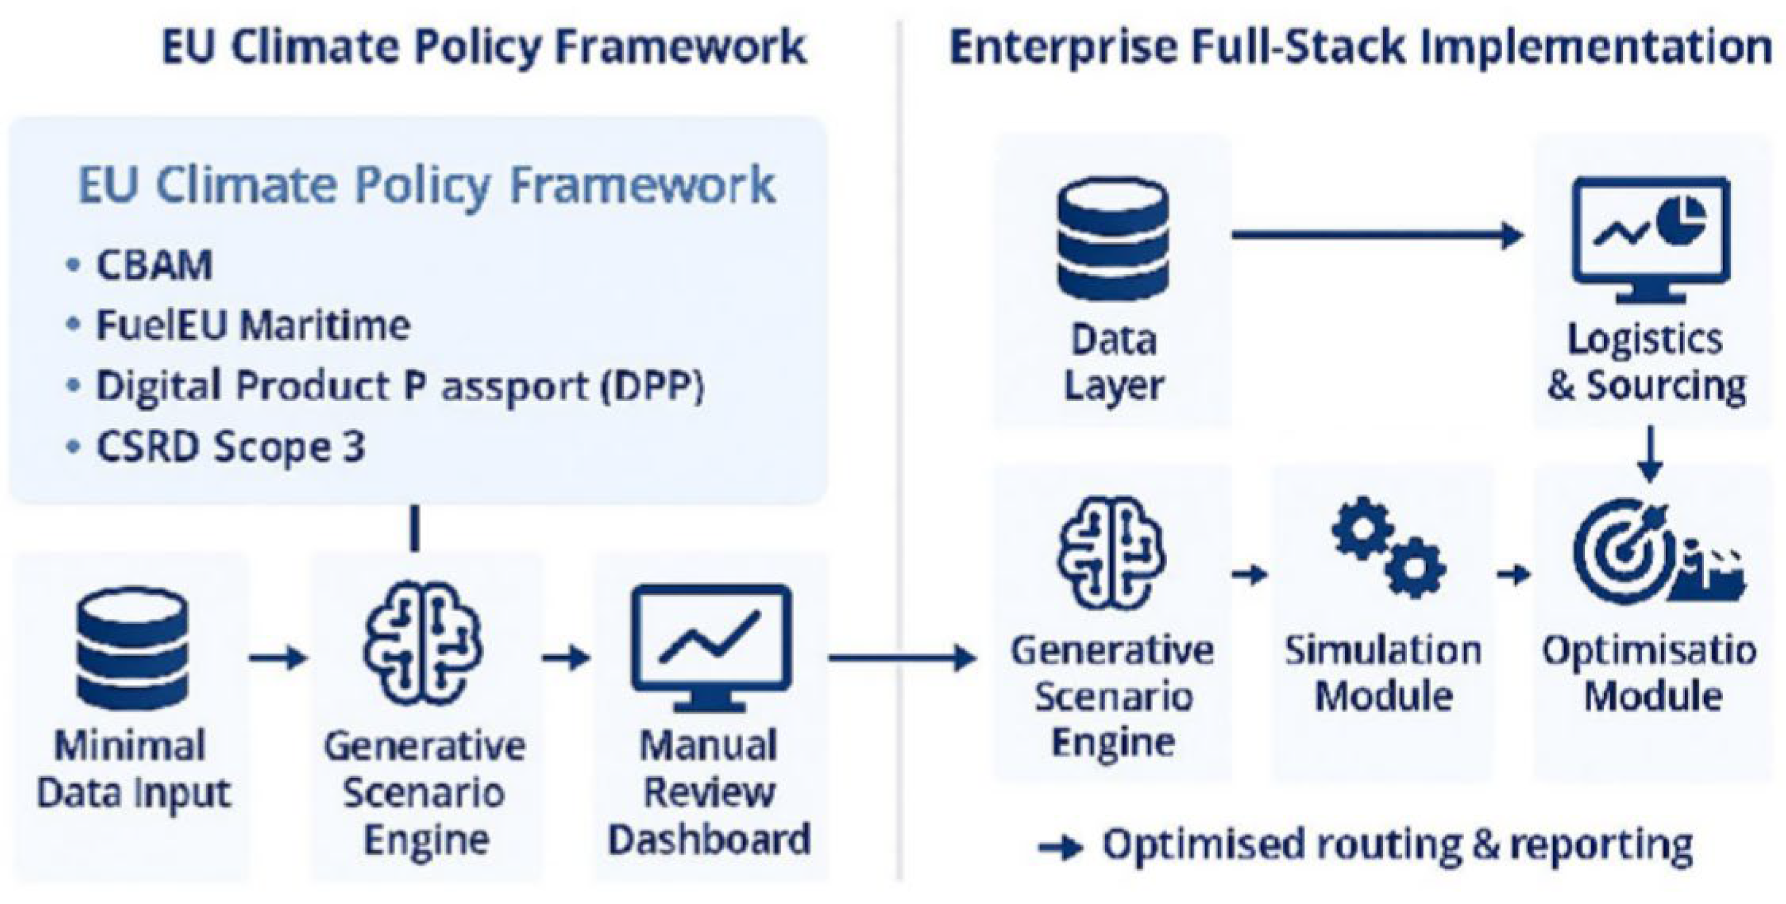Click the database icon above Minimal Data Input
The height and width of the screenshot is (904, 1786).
click(x=132, y=649)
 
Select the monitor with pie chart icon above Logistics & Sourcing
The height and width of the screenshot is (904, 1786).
click(x=1651, y=240)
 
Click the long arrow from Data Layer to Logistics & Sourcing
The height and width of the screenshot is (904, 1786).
click(x=1378, y=236)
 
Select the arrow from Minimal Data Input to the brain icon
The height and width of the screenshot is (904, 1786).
click(x=277, y=657)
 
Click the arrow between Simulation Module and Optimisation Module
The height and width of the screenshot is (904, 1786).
click(x=1514, y=574)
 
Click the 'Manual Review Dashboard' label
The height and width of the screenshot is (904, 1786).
click(x=709, y=792)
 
